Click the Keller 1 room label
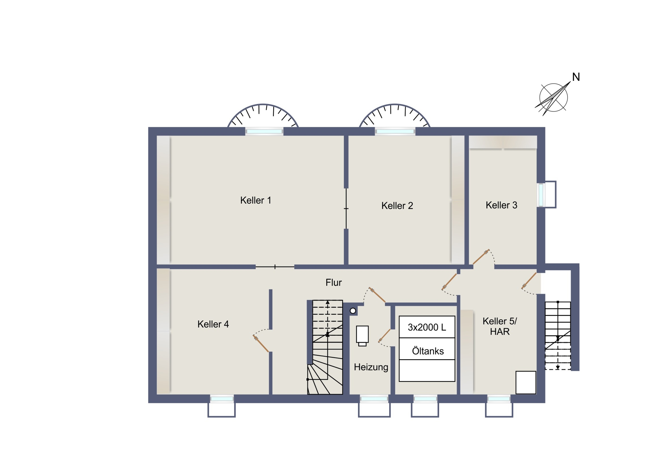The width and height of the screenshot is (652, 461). (256, 200)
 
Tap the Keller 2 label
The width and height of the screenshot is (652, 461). (397, 206)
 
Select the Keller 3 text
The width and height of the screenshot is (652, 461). (501, 205)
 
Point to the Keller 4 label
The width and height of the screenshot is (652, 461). (213, 324)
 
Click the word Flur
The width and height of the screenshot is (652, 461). (333, 283)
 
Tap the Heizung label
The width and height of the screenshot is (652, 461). (371, 367)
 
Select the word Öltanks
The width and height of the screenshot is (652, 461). (428, 351)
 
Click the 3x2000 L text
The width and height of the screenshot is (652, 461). (427, 327)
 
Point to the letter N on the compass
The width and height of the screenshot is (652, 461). (576, 77)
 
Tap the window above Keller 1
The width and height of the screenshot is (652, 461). (264, 131)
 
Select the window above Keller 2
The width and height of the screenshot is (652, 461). (395, 131)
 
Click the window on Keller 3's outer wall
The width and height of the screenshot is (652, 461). (541, 195)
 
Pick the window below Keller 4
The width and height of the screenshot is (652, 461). (222, 399)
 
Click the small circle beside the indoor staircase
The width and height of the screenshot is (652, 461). (353, 311)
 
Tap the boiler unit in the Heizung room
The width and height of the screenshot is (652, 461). (362, 335)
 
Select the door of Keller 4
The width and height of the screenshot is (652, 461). (261, 344)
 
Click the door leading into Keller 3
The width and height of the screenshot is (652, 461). (481, 257)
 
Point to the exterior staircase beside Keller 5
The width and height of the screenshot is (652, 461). (558, 335)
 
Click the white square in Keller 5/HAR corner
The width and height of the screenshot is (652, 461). (526, 382)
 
